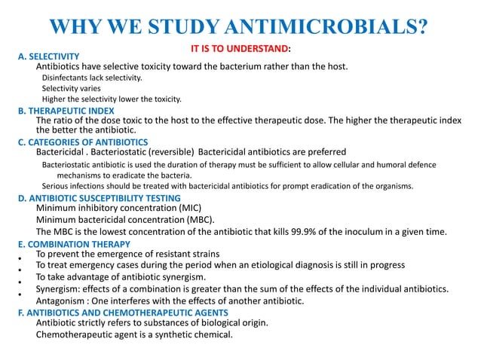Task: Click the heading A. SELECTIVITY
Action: (x=48, y=56)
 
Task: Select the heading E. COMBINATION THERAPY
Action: (x=73, y=244)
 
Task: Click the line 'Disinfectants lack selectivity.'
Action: (x=91, y=78)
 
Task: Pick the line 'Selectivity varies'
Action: (x=72, y=88)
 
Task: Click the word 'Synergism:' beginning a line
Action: (x=59, y=289)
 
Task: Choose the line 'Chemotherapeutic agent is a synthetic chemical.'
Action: (x=134, y=334)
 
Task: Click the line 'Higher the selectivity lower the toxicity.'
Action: (x=112, y=99)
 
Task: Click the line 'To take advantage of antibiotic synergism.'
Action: (x=121, y=277)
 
